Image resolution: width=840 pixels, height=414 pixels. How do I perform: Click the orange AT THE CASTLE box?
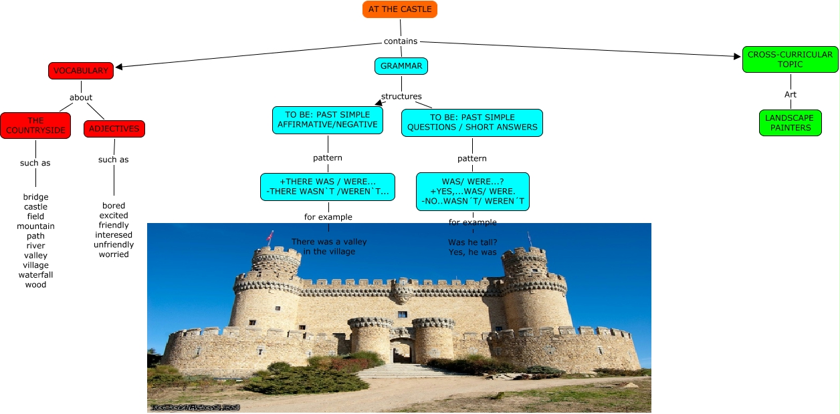[x=399, y=9]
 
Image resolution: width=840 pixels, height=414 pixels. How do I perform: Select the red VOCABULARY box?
[x=81, y=71]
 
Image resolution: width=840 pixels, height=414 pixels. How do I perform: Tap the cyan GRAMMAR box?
[x=401, y=66]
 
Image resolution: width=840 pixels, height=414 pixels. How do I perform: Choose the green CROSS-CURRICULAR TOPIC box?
[x=790, y=59]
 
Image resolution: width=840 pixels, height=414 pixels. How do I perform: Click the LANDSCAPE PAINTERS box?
[x=790, y=123]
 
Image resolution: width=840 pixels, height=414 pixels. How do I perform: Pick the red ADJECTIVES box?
[x=114, y=129]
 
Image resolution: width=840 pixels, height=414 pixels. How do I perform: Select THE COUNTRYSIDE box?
[x=35, y=126]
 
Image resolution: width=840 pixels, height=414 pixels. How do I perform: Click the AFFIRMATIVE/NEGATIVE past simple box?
[x=328, y=120]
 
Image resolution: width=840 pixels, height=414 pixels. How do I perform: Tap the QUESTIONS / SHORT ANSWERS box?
[x=472, y=123]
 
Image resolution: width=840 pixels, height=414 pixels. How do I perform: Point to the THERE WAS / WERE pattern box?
[x=328, y=187]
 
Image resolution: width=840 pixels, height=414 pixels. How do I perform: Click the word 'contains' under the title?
[x=401, y=41]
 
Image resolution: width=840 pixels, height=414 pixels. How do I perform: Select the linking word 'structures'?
[x=401, y=96]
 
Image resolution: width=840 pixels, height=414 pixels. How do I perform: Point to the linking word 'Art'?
[x=791, y=95]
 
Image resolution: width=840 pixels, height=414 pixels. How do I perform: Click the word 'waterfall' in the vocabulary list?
[x=36, y=275]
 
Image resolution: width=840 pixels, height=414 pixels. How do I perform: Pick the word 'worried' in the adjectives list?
[x=114, y=254]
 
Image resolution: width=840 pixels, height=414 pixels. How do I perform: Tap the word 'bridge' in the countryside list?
[x=36, y=197]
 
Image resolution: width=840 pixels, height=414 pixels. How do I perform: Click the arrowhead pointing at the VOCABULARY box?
[x=119, y=67]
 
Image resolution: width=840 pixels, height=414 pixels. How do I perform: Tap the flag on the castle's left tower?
[x=270, y=236]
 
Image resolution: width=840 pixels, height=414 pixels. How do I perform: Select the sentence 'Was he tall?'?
[x=472, y=242]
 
